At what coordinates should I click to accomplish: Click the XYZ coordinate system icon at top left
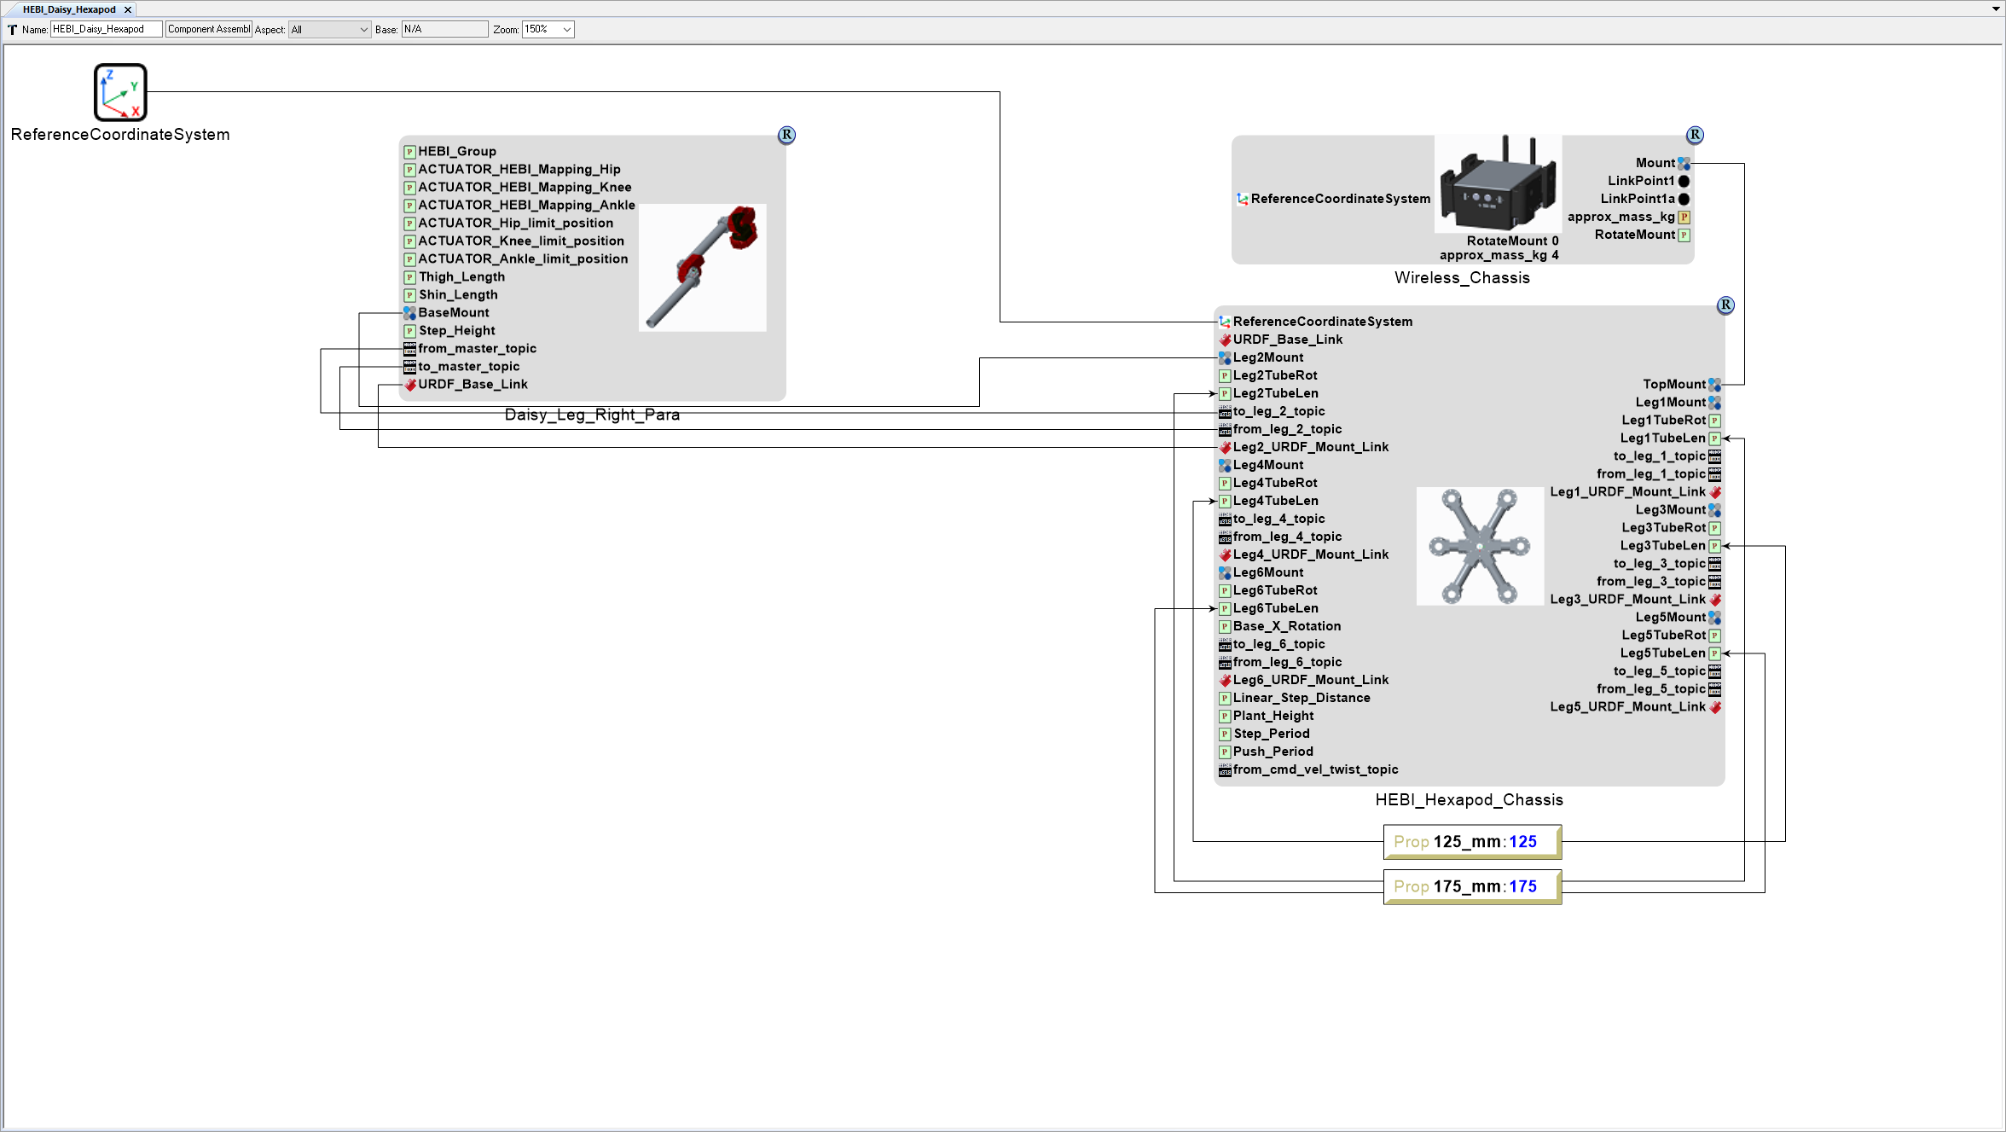[120, 92]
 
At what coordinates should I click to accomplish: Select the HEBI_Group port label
[456, 152]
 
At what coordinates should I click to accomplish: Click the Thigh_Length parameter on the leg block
[461, 277]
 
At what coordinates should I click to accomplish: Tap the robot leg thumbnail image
[702, 267]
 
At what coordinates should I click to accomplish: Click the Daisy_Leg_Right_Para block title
[592, 415]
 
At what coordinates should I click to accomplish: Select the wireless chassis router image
[1498, 183]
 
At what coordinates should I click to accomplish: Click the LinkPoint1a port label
[1637, 199]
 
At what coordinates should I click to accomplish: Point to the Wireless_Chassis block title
[1462, 278]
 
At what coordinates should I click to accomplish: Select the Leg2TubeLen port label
[1275, 393]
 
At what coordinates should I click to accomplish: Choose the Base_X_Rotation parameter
[1286, 626]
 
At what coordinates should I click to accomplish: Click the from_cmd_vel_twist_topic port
[1315, 769]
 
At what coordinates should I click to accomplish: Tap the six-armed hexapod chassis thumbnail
[1480, 546]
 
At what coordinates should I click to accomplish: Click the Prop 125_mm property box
[1471, 842]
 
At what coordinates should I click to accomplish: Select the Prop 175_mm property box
[1471, 887]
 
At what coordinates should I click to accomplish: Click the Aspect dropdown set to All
[329, 30]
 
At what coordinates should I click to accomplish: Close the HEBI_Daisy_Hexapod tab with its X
[128, 10]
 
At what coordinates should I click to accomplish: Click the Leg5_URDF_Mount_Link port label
[1627, 707]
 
